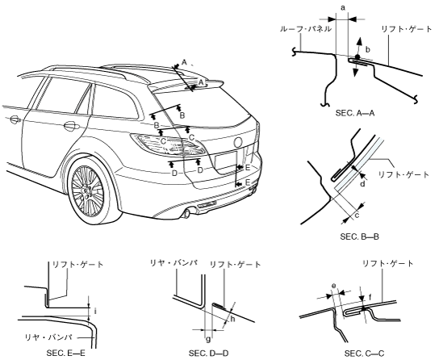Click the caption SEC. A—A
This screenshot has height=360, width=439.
pos(355,113)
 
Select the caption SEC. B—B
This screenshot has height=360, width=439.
pos(359,237)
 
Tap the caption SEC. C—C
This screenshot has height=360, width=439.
pos(364,354)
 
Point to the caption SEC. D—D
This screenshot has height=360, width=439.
pos(208,354)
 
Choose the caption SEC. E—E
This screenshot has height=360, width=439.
pos(65,354)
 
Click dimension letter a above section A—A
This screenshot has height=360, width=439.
pos(343,8)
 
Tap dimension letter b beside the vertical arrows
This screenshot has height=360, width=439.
pos(368,50)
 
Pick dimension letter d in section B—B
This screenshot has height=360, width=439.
pos(362,184)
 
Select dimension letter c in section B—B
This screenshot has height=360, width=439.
pos(357,216)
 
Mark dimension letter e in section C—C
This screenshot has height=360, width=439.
pos(333,286)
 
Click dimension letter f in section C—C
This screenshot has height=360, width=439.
pos(370,297)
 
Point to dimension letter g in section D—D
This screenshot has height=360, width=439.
pos(208,340)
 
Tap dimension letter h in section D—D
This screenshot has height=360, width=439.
pos(232,319)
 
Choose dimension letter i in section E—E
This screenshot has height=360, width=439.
pos(95,311)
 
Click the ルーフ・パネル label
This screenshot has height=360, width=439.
pos(306,29)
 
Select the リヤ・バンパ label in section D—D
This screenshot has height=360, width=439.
pos(174,263)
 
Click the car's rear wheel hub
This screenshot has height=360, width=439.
pos(87,190)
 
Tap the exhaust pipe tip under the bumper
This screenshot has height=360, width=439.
pos(186,215)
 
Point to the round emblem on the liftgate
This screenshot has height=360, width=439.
pos(238,143)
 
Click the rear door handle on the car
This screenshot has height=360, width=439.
pos(70,126)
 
